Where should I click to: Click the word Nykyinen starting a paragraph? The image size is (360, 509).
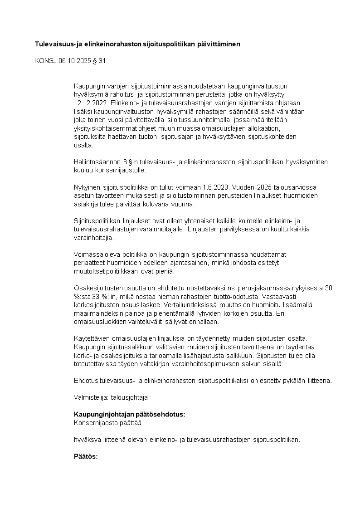point(86,188)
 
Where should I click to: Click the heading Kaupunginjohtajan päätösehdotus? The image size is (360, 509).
point(129,415)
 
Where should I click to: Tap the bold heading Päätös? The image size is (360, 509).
point(86,456)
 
